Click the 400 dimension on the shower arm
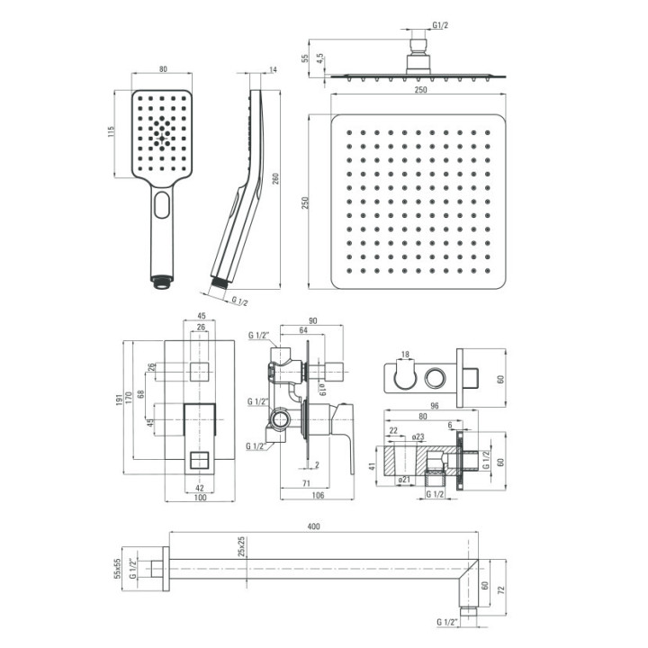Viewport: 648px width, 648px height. click(314, 526)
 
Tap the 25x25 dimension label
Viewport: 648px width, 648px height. click(242, 547)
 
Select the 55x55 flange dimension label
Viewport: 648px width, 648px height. click(118, 569)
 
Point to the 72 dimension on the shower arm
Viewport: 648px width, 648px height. click(501, 589)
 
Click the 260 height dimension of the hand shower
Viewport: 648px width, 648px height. click(275, 178)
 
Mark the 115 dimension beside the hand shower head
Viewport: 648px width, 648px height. click(111, 131)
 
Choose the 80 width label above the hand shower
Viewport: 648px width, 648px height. click(163, 69)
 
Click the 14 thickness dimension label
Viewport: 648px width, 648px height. click(273, 70)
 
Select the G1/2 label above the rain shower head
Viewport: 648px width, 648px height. click(440, 25)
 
